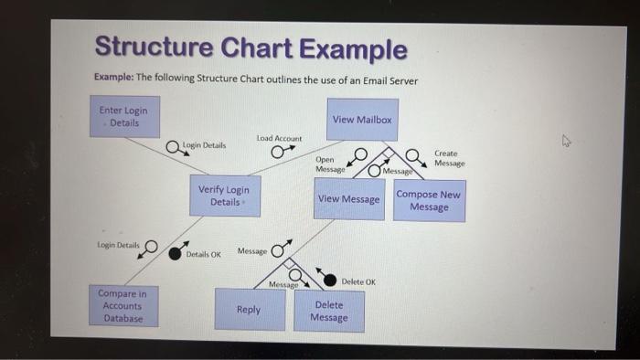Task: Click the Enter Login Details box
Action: pyautogui.click(x=124, y=117)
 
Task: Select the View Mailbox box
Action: pyautogui.click(x=362, y=120)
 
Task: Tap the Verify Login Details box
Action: pyautogui.click(x=224, y=196)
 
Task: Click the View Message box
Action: pyautogui.click(x=348, y=199)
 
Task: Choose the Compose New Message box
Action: pyautogui.click(x=429, y=201)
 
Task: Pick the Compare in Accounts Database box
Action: pyautogui.click(x=123, y=306)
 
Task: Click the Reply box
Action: pyautogui.click(x=249, y=310)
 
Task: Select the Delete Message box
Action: pyautogui.click(x=329, y=312)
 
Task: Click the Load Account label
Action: pyautogui.click(x=279, y=138)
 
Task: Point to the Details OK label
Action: pyautogui.click(x=203, y=255)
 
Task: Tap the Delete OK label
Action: pyautogui.click(x=358, y=281)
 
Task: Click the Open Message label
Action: pyautogui.click(x=330, y=164)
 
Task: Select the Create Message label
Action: pyautogui.click(x=449, y=158)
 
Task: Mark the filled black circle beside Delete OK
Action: pyautogui.click(x=332, y=281)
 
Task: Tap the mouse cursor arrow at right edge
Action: pyautogui.click(x=567, y=142)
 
